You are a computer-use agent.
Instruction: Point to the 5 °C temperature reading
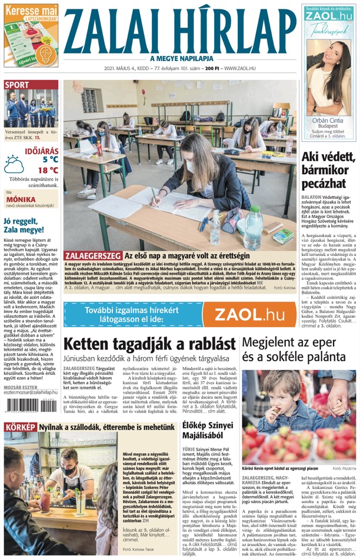click(x=49, y=159)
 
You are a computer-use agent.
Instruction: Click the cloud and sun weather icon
click(x=15, y=164)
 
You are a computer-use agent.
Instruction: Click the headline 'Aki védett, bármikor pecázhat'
click(x=328, y=166)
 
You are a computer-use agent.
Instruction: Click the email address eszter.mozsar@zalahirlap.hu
click(x=31, y=392)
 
